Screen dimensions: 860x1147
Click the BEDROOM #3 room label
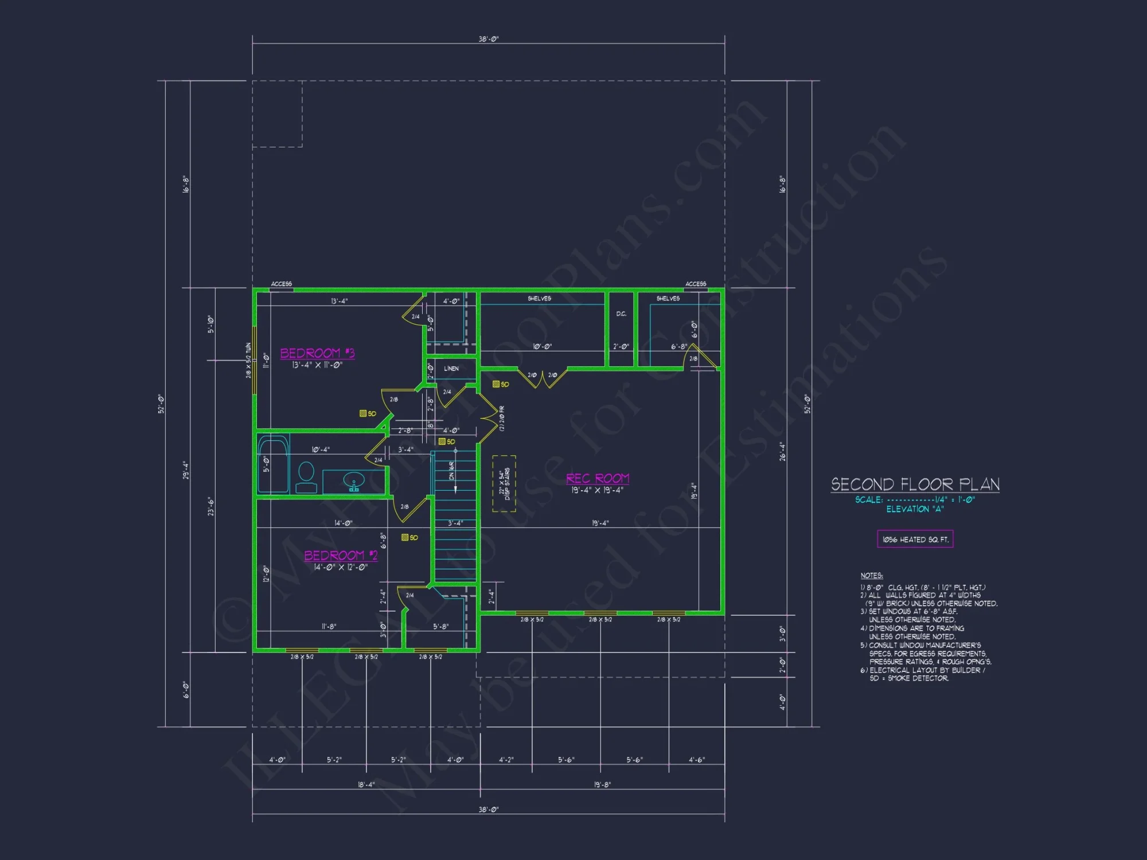317,353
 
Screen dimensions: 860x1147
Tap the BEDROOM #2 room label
341,555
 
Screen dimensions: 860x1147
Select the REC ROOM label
598,478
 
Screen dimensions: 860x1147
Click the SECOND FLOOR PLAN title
915,484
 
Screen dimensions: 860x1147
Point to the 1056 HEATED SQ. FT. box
915,539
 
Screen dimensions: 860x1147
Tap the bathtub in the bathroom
273,463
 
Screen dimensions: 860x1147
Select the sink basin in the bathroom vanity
354,480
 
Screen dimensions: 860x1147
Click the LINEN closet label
451,369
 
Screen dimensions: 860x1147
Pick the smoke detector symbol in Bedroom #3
363,413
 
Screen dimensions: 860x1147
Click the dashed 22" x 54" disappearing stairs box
504,483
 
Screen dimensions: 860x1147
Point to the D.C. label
621,314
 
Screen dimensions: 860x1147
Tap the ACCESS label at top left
281,284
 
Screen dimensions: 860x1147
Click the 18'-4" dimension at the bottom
366,784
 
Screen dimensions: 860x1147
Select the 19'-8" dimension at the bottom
602,784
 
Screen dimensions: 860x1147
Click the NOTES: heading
871,576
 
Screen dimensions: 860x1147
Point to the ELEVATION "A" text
915,509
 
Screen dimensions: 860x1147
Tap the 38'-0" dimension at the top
489,39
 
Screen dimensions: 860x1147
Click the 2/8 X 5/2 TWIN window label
248,360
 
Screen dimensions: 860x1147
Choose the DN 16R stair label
452,470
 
